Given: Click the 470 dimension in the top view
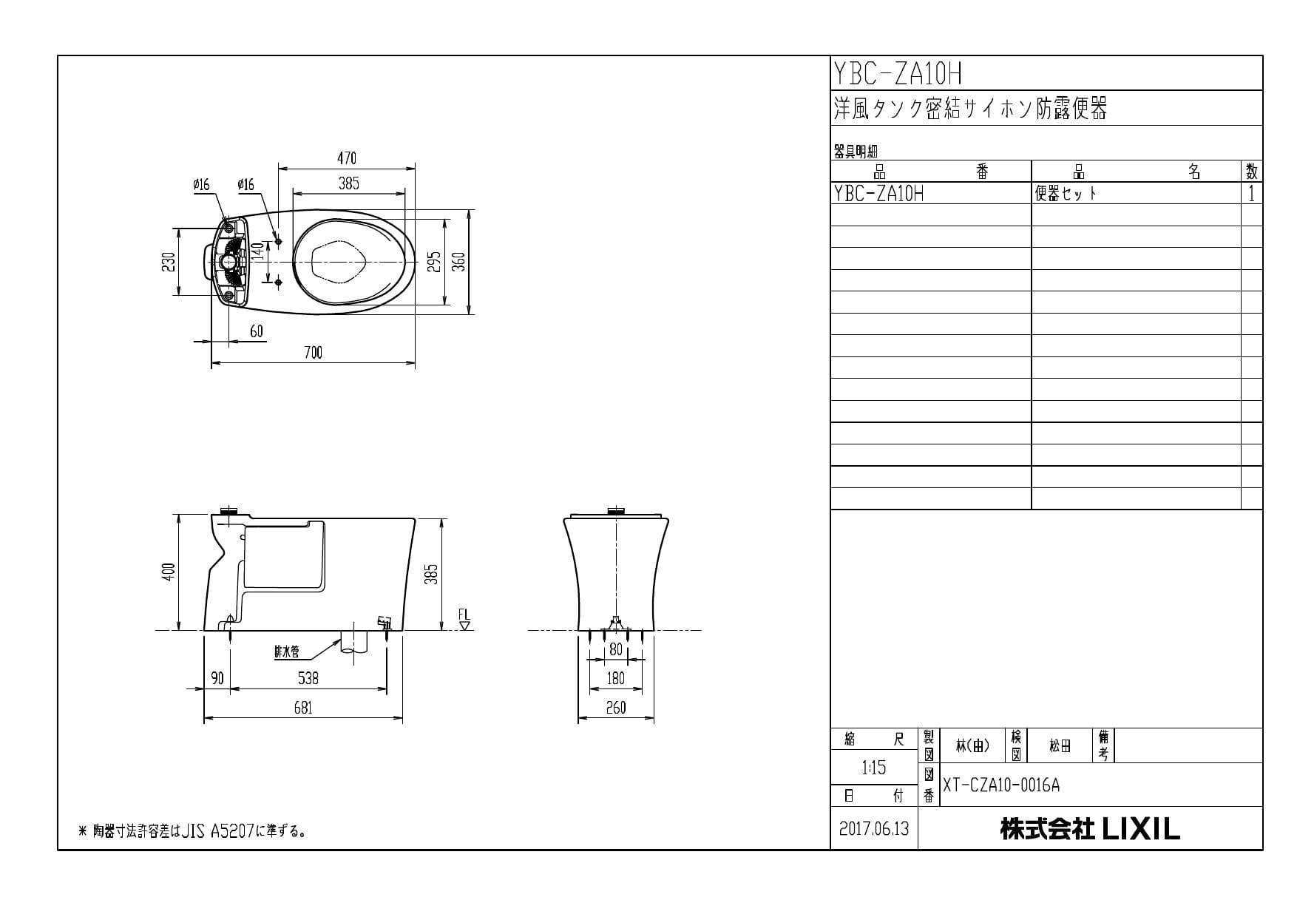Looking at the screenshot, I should [x=347, y=158].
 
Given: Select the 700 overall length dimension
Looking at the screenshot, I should [x=313, y=353].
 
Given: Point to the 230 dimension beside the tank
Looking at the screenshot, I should [x=169, y=262].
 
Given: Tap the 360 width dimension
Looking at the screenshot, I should [x=459, y=262].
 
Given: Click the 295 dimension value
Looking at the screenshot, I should [x=436, y=262].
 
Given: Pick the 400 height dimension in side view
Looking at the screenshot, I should [x=169, y=572].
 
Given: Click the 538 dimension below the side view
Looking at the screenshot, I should [x=308, y=677].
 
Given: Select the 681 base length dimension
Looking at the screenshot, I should [x=303, y=708].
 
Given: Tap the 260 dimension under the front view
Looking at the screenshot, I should [x=616, y=708].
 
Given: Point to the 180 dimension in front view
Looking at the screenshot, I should [x=616, y=677].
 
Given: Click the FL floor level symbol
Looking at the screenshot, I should [x=464, y=620].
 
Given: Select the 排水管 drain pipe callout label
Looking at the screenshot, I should [x=286, y=652].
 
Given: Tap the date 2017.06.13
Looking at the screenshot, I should [x=874, y=828].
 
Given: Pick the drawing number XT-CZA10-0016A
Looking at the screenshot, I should [x=1000, y=785].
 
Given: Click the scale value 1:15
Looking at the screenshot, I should [x=873, y=768].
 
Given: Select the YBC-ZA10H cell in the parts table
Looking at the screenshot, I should [x=879, y=194].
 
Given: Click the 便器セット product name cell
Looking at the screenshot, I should [x=1066, y=194].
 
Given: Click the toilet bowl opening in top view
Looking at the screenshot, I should [x=340, y=262].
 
